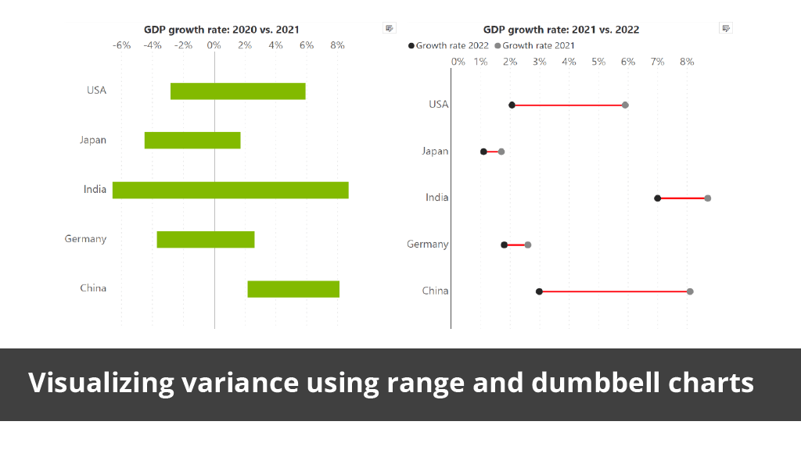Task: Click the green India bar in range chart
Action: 230,190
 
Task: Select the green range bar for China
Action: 293,289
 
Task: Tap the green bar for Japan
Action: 192,141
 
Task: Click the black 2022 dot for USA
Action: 512,105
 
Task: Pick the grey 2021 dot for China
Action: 690,291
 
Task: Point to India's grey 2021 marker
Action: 708,198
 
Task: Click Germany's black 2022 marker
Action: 505,245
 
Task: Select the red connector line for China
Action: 614,291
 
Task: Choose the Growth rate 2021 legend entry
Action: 538,46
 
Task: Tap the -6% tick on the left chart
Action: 121,45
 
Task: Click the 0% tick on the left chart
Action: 214,45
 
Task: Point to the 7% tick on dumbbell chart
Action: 657,61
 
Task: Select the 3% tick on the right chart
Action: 540,61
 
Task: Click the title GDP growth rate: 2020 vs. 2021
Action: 214,30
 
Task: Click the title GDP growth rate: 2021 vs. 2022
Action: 561,30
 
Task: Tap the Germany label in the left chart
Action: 85,239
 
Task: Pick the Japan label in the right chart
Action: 435,152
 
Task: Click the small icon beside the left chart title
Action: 389,28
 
